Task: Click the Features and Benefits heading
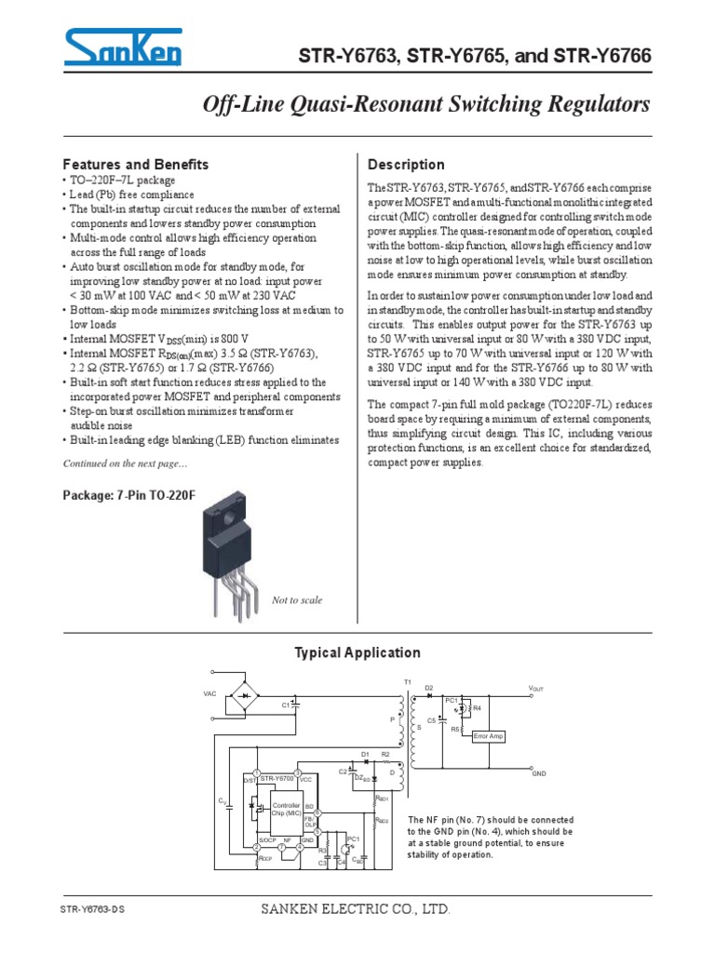pos(135,164)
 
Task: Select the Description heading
pos(407,165)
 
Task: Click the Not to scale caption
pos(296,600)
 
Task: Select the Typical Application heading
pos(357,652)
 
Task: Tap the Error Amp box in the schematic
pos(488,736)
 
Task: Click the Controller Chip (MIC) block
pos(285,808)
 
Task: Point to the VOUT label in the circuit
pos(535,689)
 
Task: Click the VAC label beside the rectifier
pos(209,694)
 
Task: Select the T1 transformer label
pos(407,682)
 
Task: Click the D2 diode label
pos(428,687)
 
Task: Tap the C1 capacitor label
pos(286,705)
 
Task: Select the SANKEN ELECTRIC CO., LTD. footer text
pos(357,908)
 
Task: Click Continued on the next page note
pos(125,463)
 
